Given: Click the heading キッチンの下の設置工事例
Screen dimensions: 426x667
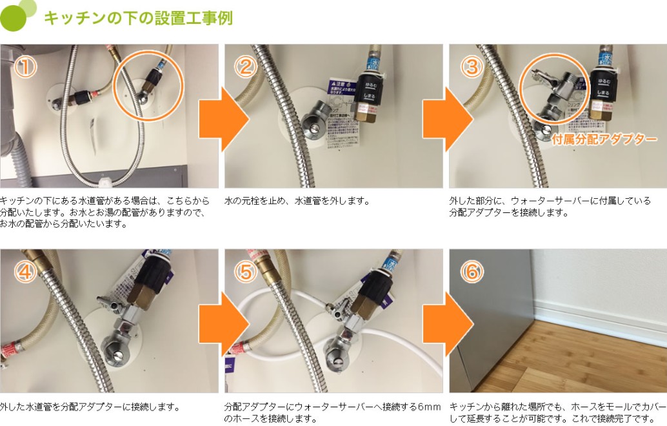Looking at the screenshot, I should [138, 18].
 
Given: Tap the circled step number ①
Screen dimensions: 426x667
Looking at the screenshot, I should [25, 67].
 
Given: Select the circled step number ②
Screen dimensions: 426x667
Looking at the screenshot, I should [245, 67].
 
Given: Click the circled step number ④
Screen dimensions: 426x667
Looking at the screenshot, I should [25, 272].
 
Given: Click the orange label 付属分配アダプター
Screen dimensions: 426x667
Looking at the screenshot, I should [604, 139].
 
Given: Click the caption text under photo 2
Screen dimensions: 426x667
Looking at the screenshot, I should [297, 201].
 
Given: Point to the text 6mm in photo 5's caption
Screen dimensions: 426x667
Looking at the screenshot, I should [428, 407].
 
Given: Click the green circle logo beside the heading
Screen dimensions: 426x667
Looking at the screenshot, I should [14, 17].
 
